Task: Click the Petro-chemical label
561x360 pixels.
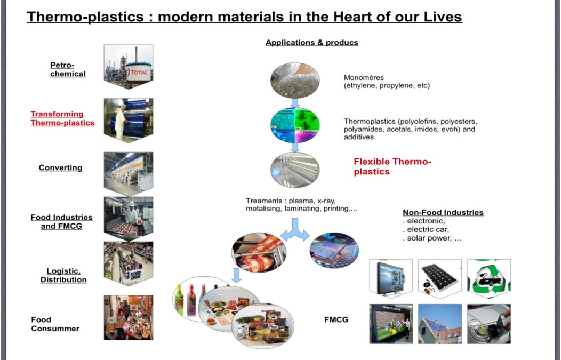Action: point(68,69)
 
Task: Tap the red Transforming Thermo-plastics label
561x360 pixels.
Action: point(62,118)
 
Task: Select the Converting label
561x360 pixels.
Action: point(60,167)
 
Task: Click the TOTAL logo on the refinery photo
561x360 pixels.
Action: point(139,72)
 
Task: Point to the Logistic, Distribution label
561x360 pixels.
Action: point(63,275)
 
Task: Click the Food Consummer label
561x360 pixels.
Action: point(55,324)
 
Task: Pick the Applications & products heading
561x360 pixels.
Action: point(311,43)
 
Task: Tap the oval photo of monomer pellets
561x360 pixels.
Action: point(295,80)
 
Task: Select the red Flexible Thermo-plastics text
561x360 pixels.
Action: point(392,166)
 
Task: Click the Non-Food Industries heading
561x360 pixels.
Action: point(443,212)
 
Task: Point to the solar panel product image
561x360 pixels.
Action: point(440,277)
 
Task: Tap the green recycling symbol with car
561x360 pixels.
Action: point(488,278)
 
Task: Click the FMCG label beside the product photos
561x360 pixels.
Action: point(336,319)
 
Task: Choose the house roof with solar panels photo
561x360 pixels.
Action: point(440,324)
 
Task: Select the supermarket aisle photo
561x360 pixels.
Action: point(129,263)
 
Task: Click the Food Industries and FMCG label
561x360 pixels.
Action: point(61,221)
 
